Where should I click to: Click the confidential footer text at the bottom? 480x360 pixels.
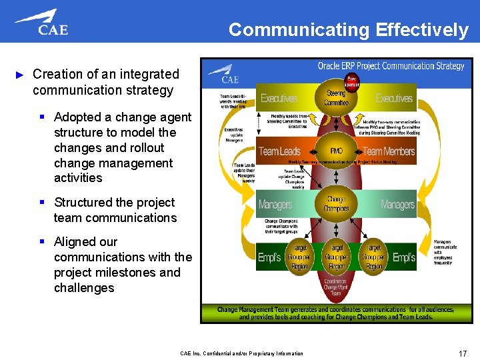[x=241, y=353]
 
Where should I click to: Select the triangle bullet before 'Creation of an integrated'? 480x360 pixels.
[x=19, y=75]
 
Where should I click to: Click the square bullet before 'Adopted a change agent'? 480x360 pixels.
[x=41, y=117]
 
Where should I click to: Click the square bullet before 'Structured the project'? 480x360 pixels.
[x=41, y=203]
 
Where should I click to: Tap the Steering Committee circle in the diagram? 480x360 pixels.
[x=336, y=99]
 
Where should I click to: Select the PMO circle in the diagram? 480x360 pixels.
[x=336, y=151]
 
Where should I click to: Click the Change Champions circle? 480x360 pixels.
[x=336, y=204]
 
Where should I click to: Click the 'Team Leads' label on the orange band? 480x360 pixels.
[x=280, y=151]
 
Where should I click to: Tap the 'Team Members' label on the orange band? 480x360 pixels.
[x=389, y=151]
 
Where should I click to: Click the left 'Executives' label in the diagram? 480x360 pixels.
[x=279, y=99]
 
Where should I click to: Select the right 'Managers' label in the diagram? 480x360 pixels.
[x=397, y=204]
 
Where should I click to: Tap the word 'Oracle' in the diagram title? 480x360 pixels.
[x=330, y=66]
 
